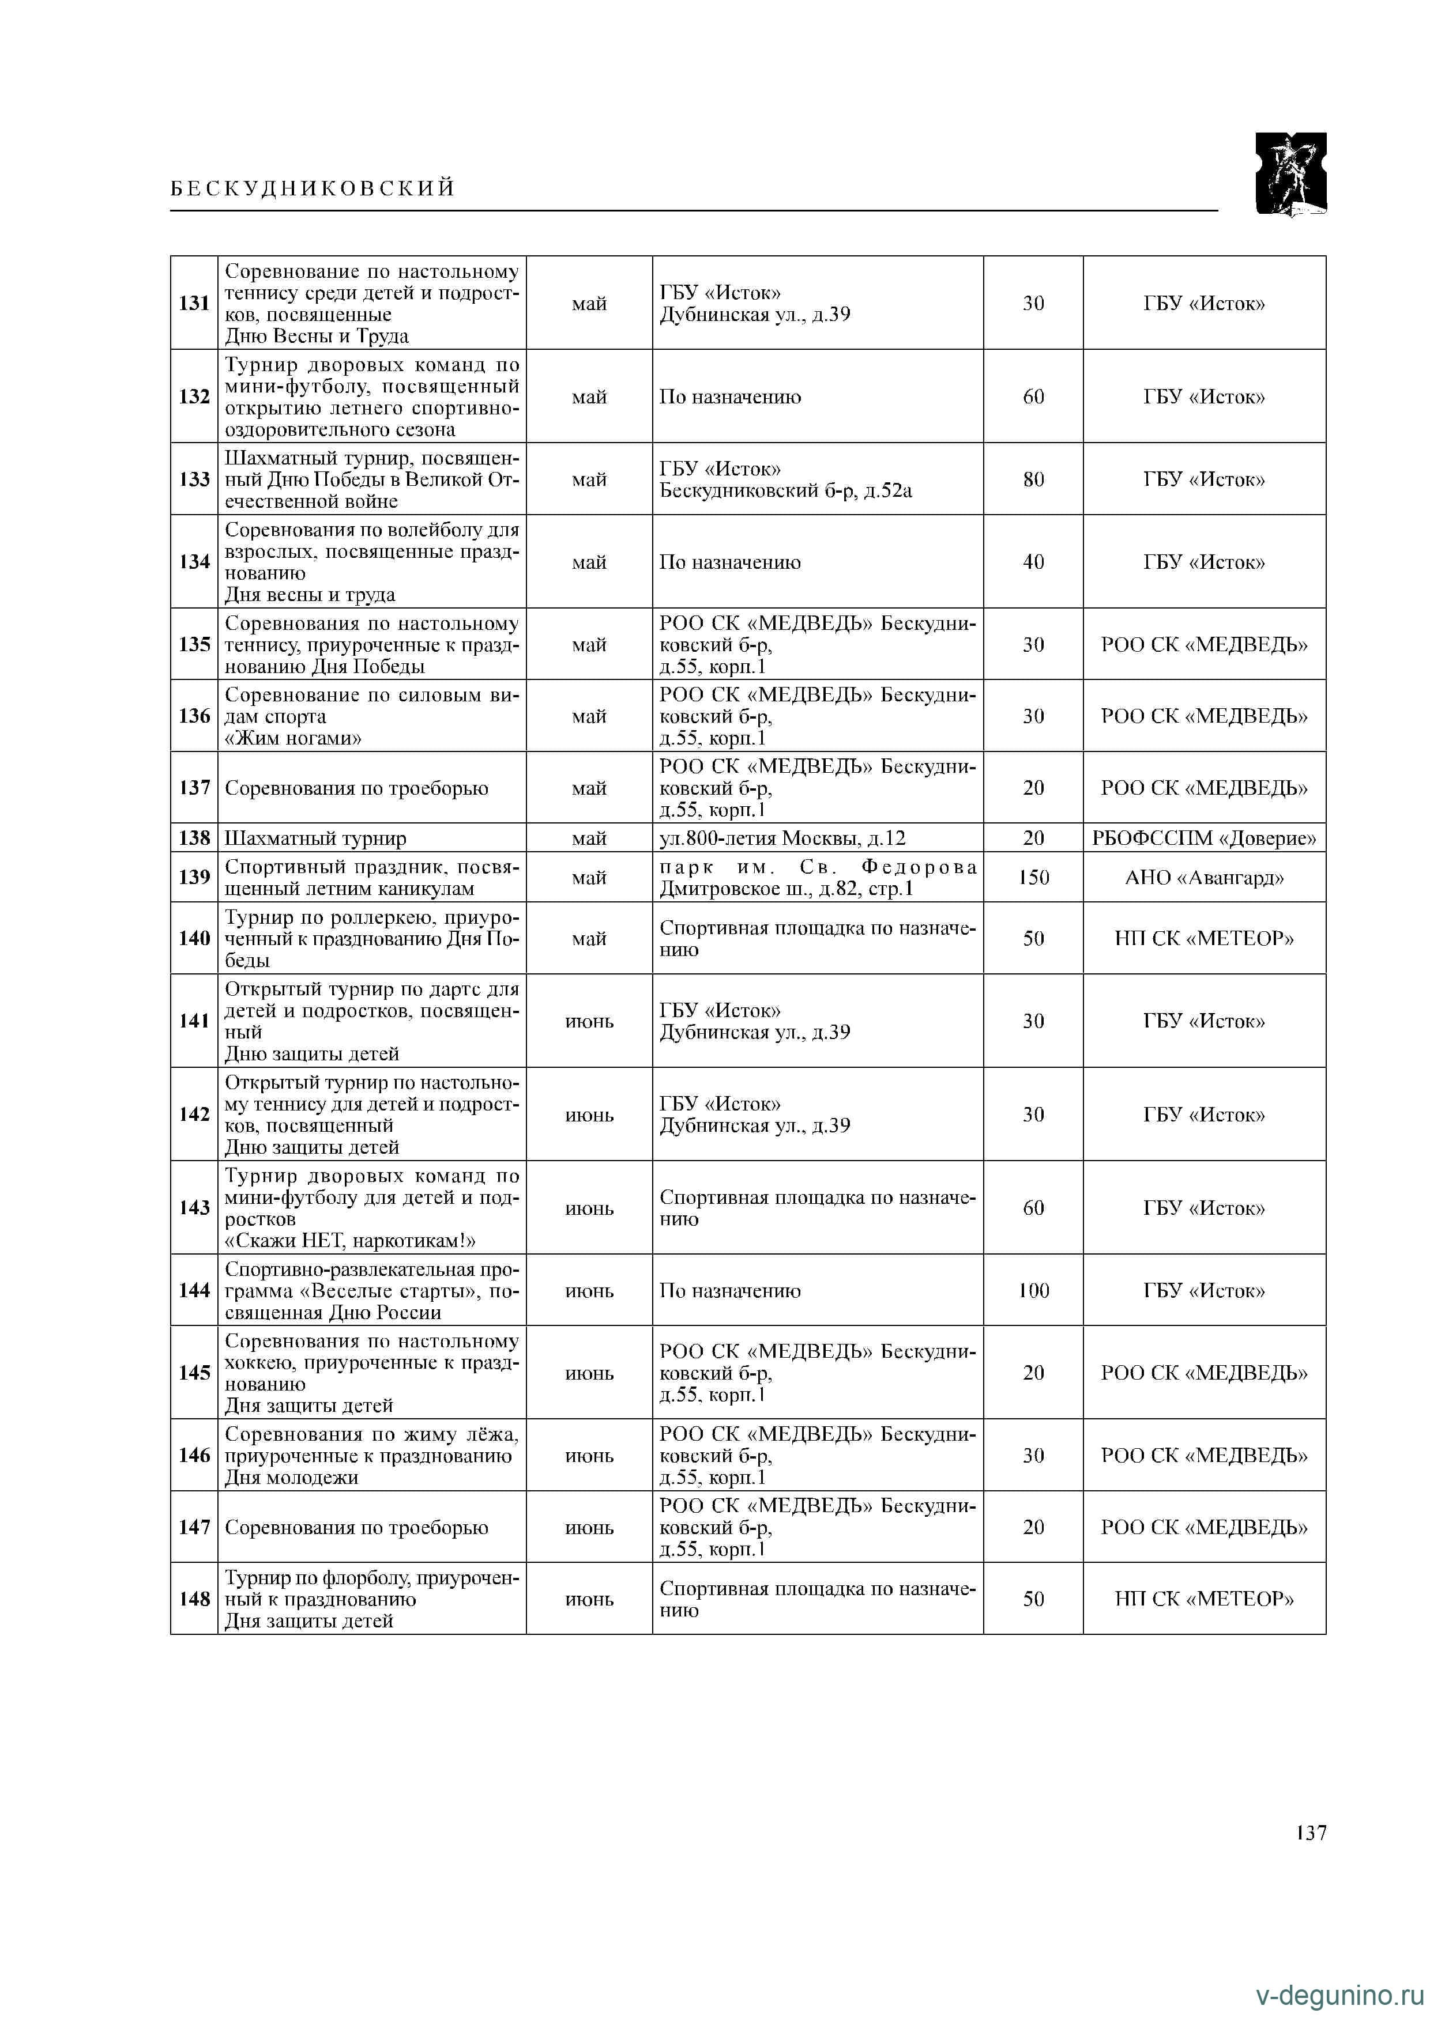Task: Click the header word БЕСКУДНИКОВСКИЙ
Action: pyautogui.click(x=313, y=188)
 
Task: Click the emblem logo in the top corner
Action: pyautogui.click(x=1290, y=173)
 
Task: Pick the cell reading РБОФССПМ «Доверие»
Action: pyautogui.click(x=1204, y=838)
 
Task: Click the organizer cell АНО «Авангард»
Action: pyautogui.click(x=1204, y=878)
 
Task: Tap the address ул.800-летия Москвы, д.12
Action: pyautogui.click(x=782, y=838)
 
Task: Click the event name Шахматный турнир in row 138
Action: pyautogui.click(x=315, y=838)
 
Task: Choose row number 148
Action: pyautogui.click(x=194, y=1599)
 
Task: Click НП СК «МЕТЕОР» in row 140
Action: pyautogui.click(x=1204, y=938)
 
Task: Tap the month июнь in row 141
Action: pyautogui.click(x=589, y=1022)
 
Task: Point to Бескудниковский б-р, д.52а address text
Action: pyautogui.click(x=785, y=491)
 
